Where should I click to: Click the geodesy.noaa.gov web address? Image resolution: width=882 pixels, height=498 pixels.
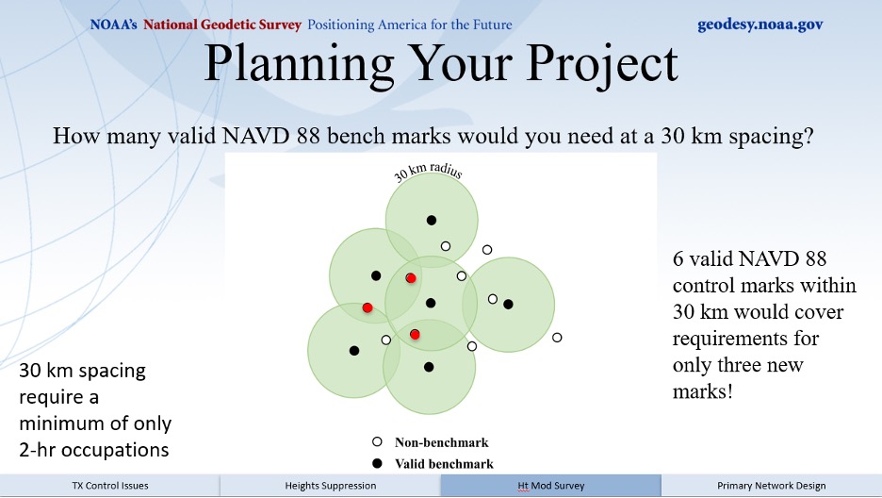(x=759, y=25)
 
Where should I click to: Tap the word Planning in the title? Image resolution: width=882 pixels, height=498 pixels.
(x=299, y=63)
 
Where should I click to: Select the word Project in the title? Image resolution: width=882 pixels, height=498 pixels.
(x=602, y=63)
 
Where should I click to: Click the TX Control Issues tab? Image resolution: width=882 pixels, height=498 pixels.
(x=110, y=486)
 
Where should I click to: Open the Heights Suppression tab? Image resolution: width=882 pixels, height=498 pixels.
(x=330, y=486)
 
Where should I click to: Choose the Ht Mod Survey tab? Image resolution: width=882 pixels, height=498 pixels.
(x=550, y=486)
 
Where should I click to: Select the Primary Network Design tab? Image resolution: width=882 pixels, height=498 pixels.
(x=771, y=486)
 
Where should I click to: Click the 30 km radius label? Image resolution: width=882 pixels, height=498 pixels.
(x=428, y=171)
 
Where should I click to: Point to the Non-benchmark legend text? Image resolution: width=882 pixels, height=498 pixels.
(x=442, y=443)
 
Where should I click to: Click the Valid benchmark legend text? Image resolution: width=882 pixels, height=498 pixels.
(x=444, y=464)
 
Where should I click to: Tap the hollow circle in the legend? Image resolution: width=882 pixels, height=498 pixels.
(x=377, y=442)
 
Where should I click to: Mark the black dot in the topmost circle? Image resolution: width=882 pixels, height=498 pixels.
(x=432, y=221)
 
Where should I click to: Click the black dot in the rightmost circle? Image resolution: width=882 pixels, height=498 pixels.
(x=509, y=305)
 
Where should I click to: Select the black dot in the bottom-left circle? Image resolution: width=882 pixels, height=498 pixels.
(x=353, y=351)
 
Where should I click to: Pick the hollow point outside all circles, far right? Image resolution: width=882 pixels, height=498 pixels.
(x=557, y=338)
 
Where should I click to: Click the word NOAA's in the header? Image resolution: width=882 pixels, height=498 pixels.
(x=113, y=25)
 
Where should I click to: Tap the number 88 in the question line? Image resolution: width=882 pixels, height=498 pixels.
(x=309, y=136)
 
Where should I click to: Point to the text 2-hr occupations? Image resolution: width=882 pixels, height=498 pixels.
(x=94, y=450)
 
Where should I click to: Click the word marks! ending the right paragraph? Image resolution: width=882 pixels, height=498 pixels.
(x=703, y=391)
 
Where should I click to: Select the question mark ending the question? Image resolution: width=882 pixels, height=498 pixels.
(x=808, y=136)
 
